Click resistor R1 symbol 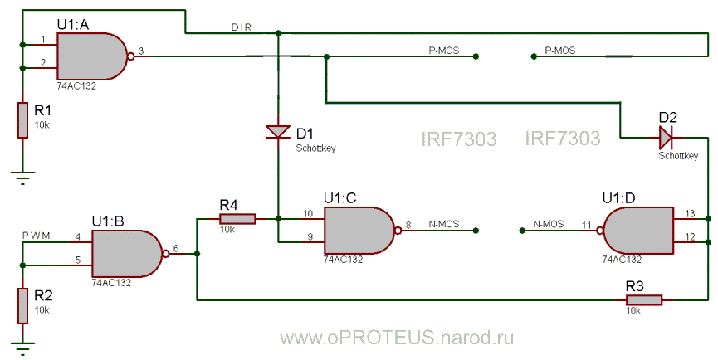pos(22,120)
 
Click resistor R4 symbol pos(237,219)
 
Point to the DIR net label pos(242,27)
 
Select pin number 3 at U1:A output pos(141,51)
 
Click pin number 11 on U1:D pos(586,225)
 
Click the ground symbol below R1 pos(22,173)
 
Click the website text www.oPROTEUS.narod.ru pos(397,337)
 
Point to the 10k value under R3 pos(634,310)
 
